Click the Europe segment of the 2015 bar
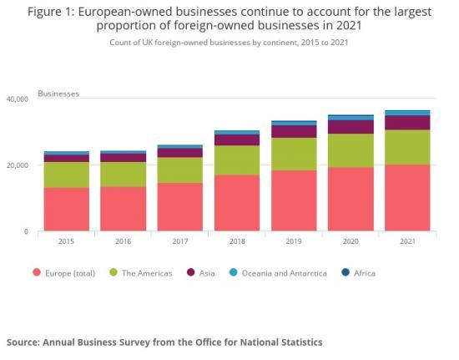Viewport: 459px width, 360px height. click(67, 209)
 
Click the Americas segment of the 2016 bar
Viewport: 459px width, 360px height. click(123, 174)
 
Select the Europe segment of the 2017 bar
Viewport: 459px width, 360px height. click(179, 206)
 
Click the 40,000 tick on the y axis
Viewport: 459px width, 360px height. click(17, 99)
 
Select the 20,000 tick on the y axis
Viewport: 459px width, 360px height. click(17, 165)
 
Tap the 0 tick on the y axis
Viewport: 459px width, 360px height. click(26, 231)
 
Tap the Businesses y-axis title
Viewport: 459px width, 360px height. click(59, 94)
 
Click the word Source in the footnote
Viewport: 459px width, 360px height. click(27, 342)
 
